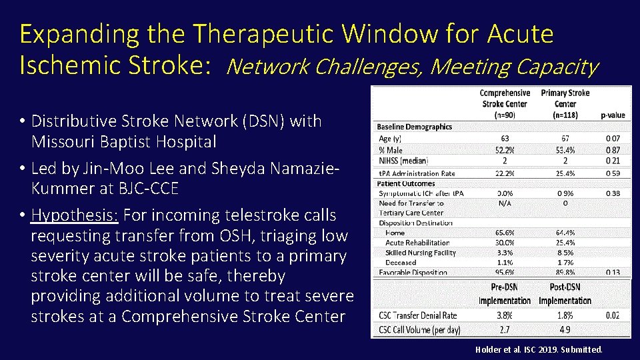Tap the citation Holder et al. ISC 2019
tap(539, 349)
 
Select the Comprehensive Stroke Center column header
tap(505, 99)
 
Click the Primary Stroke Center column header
tap(565, 99)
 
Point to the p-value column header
tap(612, 115)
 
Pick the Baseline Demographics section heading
tap(414, 127)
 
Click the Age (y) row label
tap(390, 139)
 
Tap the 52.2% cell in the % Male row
tap(504, 150)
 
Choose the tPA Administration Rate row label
tap(417, 173)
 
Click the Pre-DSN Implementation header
tap(504, 293)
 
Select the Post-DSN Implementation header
tap(565, 293)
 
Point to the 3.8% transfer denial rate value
tap(504, 315)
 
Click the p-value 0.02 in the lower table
tap(612, 315)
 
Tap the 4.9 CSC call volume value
tap(565, 329)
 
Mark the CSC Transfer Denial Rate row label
tap(419, 315)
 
